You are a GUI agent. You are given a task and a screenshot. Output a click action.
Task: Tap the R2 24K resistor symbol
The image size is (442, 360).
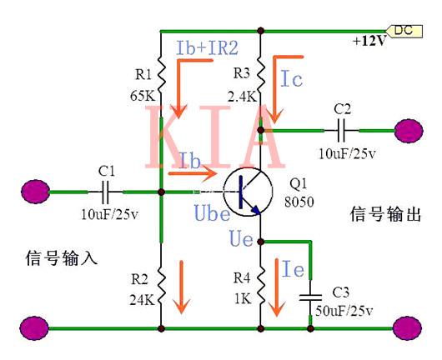160,279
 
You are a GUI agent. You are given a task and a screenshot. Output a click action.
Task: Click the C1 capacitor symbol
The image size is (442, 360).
106,192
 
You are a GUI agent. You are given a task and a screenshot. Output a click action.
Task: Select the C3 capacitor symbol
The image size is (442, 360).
310,296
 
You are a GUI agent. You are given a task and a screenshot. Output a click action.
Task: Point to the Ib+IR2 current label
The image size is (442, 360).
207,46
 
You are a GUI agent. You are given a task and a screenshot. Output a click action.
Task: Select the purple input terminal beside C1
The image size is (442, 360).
35,192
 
